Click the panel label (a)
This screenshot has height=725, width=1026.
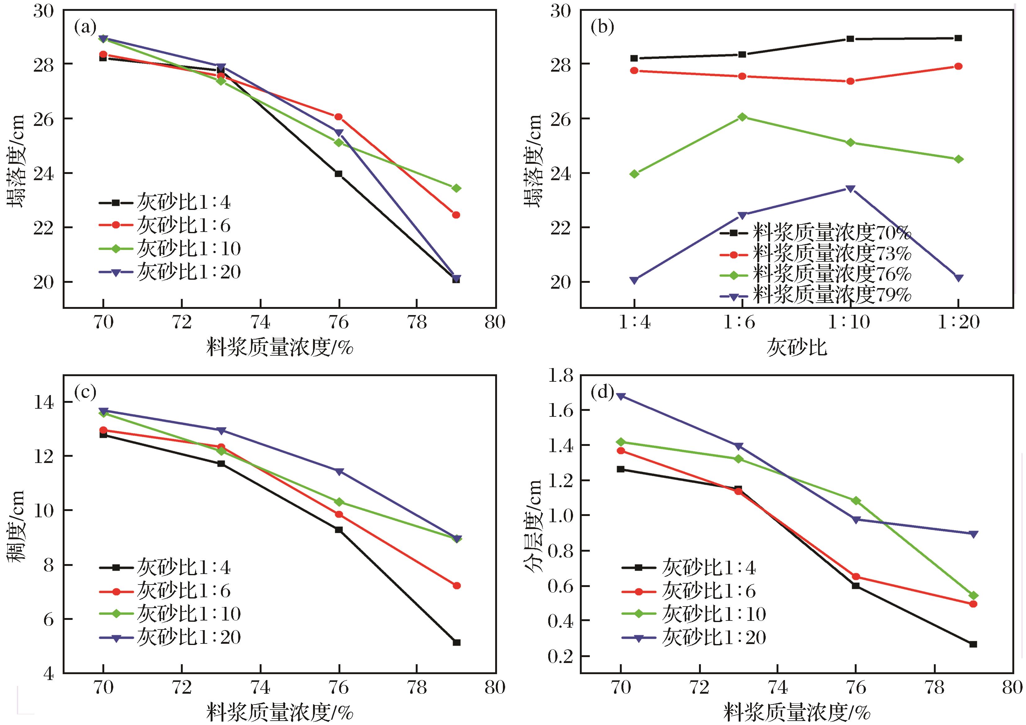[85, 28]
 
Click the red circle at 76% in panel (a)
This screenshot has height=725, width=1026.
[339, 117]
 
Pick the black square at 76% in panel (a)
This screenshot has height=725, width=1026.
[339, 174]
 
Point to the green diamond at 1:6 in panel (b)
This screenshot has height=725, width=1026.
[742, 117]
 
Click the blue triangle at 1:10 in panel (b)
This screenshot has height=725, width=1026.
[850, 189]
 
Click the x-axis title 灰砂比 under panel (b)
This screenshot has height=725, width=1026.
[797, 347]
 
